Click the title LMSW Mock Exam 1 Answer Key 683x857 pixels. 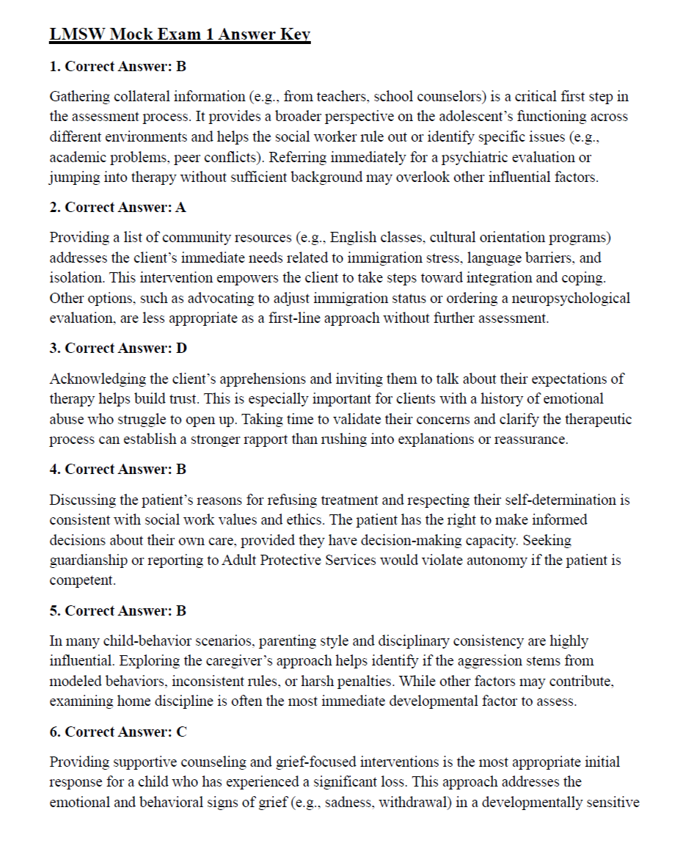tap(180, 34)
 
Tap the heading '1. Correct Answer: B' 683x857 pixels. tap(117, 67)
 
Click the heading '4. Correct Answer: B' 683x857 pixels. tap(117, 470)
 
